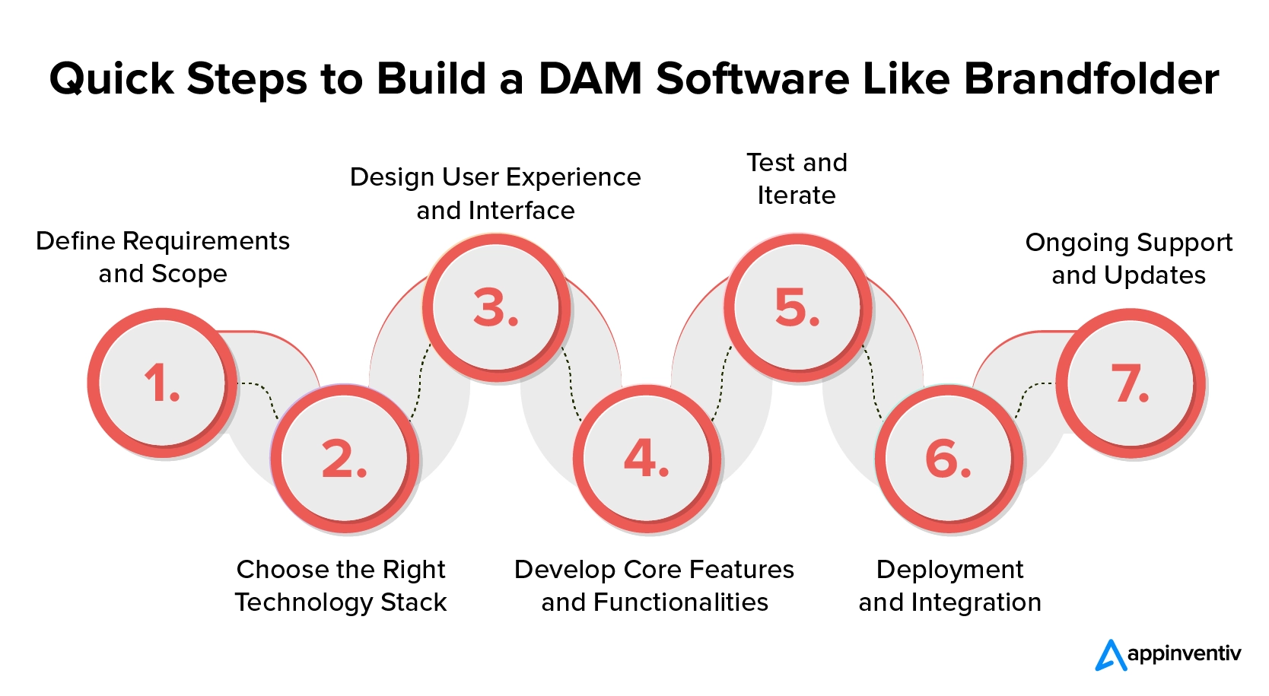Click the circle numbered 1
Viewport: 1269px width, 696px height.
point(162,382)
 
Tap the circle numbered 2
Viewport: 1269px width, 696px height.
point(345,459)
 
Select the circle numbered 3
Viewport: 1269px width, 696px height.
point(495,307)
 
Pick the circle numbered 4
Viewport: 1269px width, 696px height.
point(647,459)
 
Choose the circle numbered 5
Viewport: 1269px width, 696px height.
point(797,307)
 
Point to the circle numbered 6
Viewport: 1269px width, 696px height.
point(949,459)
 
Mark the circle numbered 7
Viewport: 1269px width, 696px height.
point(1131,383)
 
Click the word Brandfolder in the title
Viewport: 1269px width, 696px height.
point(1091,78)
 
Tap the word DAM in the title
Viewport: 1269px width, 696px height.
point(590,78)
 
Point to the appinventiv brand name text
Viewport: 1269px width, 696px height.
point(1184,653)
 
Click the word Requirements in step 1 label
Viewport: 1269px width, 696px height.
point(206,241)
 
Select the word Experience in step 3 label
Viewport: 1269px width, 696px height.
point(574,177)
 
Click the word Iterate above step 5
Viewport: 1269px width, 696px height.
point(797,195)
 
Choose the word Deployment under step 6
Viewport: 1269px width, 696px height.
point(949,569)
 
